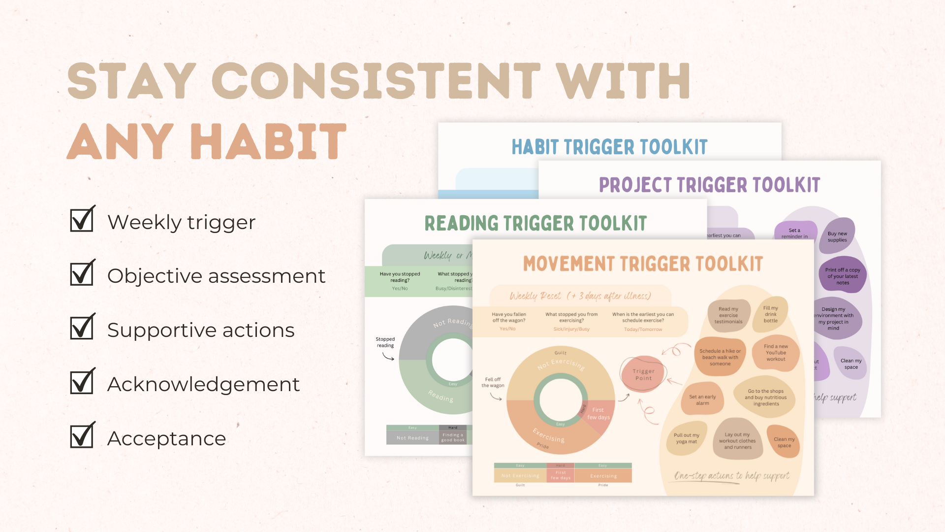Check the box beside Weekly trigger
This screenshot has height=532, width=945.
point(82,220)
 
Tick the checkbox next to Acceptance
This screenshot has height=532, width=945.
point(82,436)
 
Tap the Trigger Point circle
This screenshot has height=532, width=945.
point(643,375)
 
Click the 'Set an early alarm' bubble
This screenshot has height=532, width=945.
point(702,400)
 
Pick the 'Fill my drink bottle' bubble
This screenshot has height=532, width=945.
point(771,314)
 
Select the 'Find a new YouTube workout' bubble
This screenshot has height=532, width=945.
point(776,353)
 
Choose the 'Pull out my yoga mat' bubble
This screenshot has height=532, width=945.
point(686,438)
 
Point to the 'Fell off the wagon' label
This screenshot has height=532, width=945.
point(493,382)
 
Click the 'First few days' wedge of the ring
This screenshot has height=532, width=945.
point(598,414)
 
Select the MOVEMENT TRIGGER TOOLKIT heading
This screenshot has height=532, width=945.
point(643,264)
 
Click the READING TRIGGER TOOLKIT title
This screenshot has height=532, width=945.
point(535,224)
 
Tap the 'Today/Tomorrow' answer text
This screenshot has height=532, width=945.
point(643,330)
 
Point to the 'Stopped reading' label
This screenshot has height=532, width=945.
point(385,342)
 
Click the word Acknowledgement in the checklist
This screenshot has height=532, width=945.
point(203,384)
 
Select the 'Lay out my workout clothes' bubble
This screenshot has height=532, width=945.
point(737,441)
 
